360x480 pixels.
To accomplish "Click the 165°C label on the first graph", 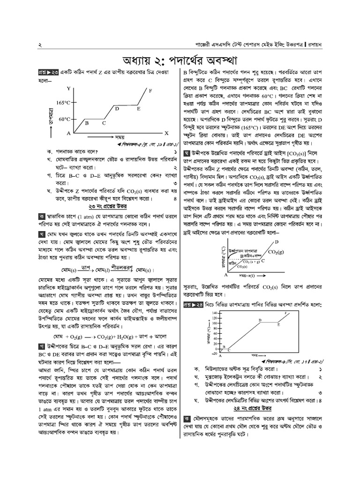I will coord(62,103).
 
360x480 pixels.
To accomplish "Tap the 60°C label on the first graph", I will coord(65,119).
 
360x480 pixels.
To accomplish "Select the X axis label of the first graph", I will coord(167,133).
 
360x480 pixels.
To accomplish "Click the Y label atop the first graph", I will coord(69,89).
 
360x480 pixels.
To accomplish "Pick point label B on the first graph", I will coord(86,123).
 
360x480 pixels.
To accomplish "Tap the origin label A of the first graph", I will coord(68,134).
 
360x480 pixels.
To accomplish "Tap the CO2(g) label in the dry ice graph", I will coord(276,252).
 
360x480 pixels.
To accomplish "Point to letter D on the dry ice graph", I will coord(276,242).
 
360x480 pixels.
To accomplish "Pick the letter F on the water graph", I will coord(286,313).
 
